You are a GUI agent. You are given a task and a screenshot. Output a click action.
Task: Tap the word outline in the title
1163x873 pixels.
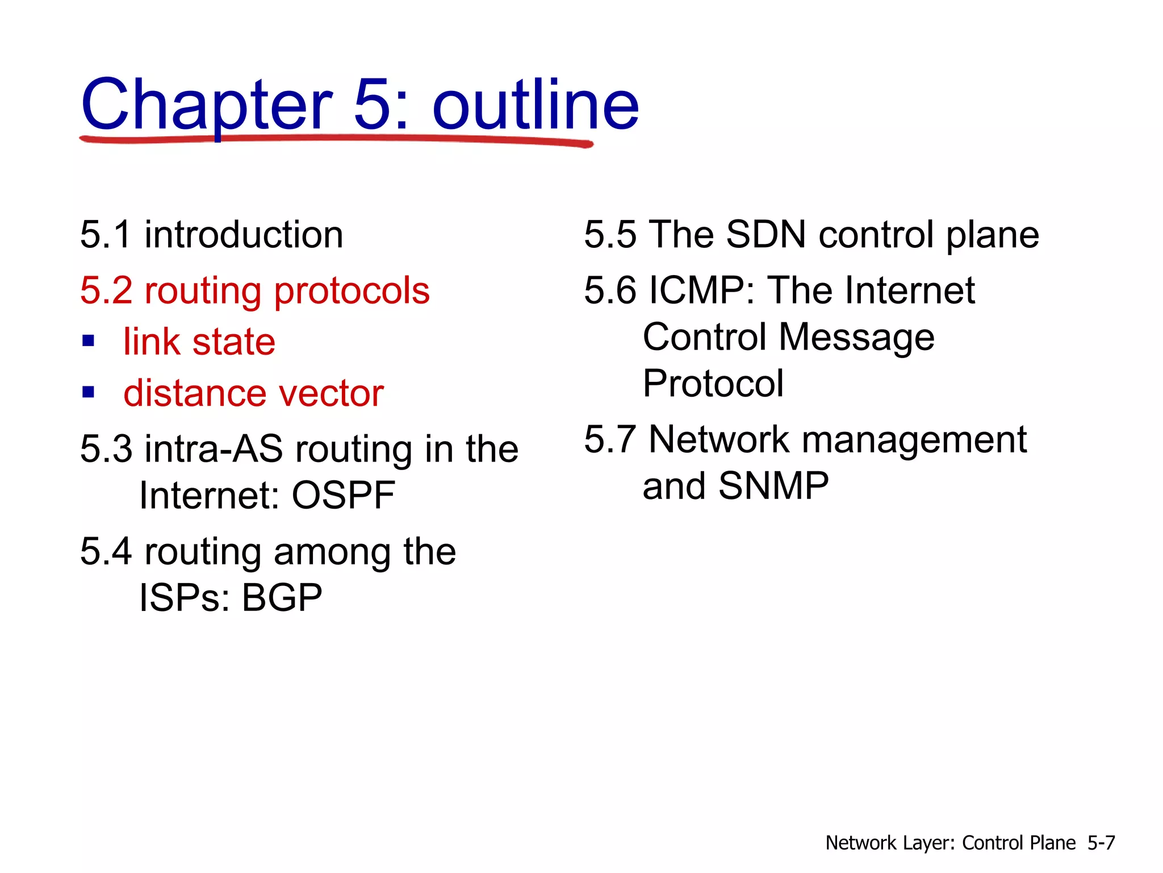coord(535,105)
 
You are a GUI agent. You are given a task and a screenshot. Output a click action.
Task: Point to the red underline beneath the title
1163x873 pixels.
coord(335,139)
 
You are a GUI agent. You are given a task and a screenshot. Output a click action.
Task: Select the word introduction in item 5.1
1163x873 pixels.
coord(244,235)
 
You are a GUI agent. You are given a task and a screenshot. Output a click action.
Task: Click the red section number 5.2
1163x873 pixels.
coord(106,290)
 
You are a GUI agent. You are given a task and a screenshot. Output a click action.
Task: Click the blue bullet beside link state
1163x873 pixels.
coord(88,341)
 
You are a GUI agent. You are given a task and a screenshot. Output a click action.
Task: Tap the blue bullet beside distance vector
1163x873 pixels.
coord(88,392)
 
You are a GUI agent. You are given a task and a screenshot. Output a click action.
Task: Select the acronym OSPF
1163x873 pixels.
coord(343,495)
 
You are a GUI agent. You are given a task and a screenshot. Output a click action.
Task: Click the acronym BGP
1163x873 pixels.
coord(282,598)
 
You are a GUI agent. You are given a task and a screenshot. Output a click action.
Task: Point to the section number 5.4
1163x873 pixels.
coord(106,551)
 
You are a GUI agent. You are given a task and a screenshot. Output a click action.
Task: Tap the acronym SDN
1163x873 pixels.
coord(765,235)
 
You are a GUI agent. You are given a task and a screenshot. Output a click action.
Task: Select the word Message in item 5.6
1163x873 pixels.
coord(856,337)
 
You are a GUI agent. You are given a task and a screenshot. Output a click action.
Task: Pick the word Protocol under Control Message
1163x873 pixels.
coord(713,384)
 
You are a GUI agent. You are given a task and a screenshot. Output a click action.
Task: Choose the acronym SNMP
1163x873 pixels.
coord(773,486)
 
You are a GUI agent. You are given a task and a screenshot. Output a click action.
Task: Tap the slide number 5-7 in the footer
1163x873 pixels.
coord(1101,842)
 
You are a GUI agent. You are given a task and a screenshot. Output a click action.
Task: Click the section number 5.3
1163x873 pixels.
coord(106,449)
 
